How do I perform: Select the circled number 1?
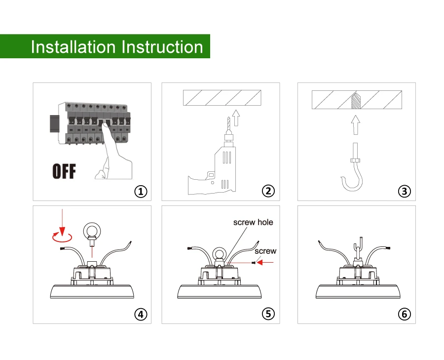pos(141,191)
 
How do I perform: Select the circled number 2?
pos(268,191)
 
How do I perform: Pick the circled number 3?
pos(404,191)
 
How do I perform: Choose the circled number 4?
pos(141,314)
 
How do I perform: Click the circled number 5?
pos(268,314)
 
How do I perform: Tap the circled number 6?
pos(404,314)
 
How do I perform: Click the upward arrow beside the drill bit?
pos(235,118)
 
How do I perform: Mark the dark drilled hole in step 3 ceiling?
pos(355,101)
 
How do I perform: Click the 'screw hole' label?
pos(253,222)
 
